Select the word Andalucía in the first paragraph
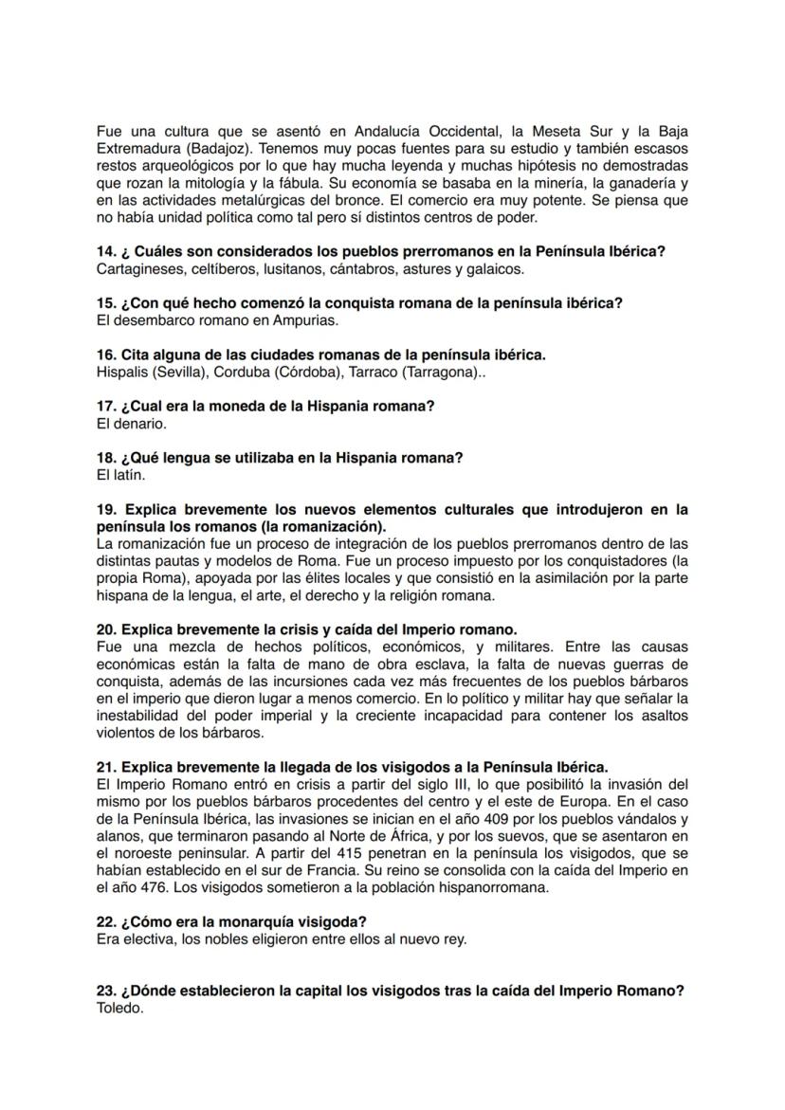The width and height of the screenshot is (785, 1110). coord(380,132)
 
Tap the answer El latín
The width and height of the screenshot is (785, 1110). coord(120,475)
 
